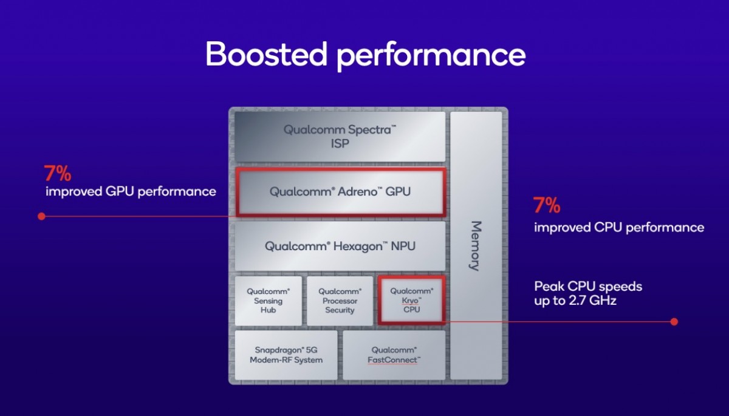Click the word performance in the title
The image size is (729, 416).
tap(431, 56)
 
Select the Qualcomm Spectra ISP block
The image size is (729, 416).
tap(340, 137)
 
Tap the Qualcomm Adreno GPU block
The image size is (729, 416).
tap(340, 192)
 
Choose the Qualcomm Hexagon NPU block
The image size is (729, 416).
tap(340, 246)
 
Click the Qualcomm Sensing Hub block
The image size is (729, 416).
tap(268, 301)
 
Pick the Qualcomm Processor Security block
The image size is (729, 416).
tap(340, 301)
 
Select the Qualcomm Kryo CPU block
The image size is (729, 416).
tap(411, 301)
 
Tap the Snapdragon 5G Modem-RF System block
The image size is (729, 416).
tap(286, 355)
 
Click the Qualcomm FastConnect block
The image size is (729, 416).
tap(394, 355)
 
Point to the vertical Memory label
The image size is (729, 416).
tap(476, 245)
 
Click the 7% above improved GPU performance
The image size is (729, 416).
tap(57, 174)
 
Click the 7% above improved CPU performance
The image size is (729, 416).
tap(546, 206)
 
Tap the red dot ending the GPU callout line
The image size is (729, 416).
tap(41, 216)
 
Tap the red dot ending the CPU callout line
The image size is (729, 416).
tap(674, 321)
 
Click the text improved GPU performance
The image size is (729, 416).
tap(131, 192)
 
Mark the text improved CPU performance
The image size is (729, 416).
tap(619, 228)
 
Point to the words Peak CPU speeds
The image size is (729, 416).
tap(587, 286)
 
